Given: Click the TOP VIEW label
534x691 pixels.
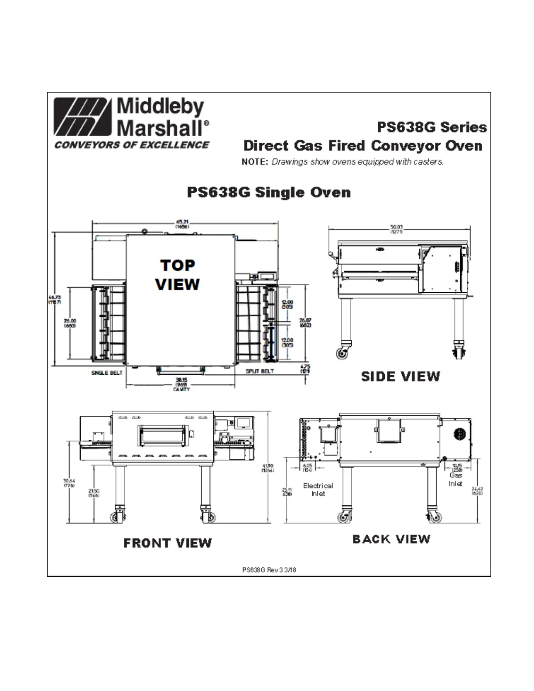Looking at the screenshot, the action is [177, 275].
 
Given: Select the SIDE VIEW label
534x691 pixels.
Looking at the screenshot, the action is [400, 376].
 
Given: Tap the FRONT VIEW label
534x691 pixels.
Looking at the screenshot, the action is [168, 543].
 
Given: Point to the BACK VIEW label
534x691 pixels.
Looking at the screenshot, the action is [391, 539].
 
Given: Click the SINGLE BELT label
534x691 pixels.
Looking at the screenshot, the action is [107, 373].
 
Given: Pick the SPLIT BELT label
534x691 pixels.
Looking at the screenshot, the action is [260, 371].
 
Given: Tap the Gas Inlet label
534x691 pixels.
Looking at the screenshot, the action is [455, 479].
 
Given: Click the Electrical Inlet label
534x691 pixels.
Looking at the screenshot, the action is [318, 489].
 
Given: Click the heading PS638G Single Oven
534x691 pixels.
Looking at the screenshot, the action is [269, 192].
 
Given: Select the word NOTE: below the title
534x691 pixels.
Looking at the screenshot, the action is [254, 162].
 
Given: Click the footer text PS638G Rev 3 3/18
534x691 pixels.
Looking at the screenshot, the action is [269, 570].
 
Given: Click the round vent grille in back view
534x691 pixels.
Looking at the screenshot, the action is [460, 434].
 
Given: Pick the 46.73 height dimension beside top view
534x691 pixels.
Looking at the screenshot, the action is [55, 300].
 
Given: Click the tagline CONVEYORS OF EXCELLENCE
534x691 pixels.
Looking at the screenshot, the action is [132, 145].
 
